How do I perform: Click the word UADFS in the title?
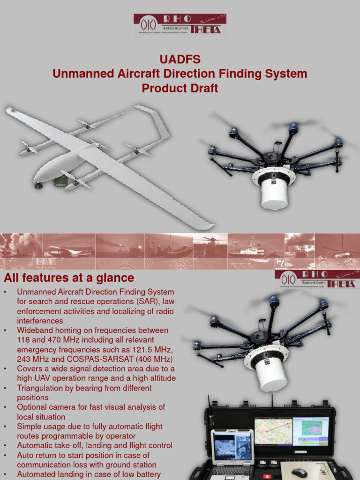(180, 60)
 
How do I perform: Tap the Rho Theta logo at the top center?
(180, 24)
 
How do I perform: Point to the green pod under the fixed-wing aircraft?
(61, 181)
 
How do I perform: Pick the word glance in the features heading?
(115, 278)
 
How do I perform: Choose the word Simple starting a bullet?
(29, 427)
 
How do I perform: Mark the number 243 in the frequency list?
(24, 360)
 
